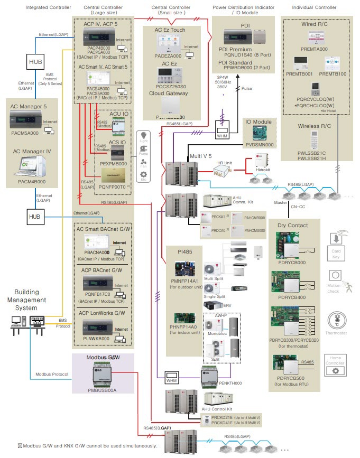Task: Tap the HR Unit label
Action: click(x=222, y=163)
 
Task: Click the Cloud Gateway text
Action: click(x=169, y=94)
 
